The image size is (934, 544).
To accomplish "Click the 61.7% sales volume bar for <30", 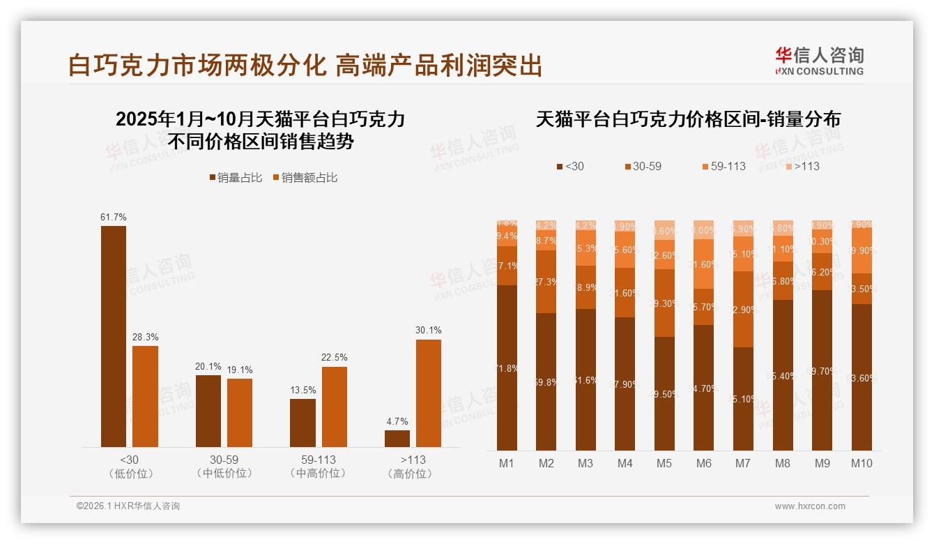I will pos(114,336).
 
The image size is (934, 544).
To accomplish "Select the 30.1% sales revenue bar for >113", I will pos(429,393).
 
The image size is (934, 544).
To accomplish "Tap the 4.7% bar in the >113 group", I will pos(397,439).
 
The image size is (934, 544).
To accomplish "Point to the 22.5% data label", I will pos(335,357).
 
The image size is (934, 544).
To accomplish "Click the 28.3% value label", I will pos(146,336).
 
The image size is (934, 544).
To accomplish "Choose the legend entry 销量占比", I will pos(236,178).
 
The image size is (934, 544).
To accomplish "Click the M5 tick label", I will pos(664,463).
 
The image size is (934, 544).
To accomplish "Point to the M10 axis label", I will pos(862,463).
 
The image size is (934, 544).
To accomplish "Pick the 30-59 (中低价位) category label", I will pos(224,467).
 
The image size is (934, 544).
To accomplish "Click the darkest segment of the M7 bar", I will pos(743,398).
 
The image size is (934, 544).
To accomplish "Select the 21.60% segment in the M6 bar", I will pos(704,264).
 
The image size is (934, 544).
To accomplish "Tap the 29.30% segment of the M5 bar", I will pos(664,303).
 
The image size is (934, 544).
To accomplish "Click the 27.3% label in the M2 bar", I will pos(546,282).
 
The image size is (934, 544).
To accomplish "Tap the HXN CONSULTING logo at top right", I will pos(819,61).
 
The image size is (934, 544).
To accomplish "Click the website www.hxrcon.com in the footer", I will pos(810,506).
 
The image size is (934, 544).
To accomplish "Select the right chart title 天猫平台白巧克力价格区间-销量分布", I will pos(688,119).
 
